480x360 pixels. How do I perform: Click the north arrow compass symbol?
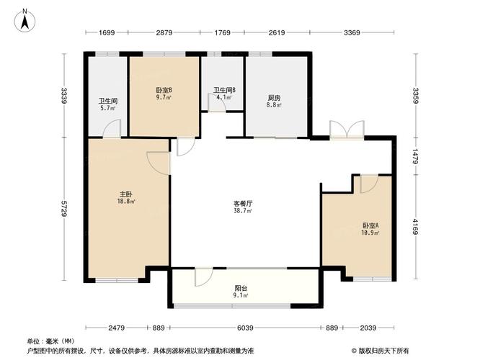tap(25, 19)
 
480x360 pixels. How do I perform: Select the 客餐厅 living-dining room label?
tap(242, 204)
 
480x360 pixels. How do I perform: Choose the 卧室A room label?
tap(370, 225)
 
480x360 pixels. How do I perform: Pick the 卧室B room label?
tap(164, 90)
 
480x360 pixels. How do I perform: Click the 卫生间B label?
tap(223, 90)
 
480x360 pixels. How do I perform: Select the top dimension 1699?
tap(107, 32)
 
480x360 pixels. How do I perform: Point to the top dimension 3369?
tap(352, 32)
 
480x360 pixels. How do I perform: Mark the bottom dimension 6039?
tap(246, 328)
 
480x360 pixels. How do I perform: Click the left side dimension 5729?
tap(64, 209)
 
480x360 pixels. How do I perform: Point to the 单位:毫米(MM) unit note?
tap(51, 341)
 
